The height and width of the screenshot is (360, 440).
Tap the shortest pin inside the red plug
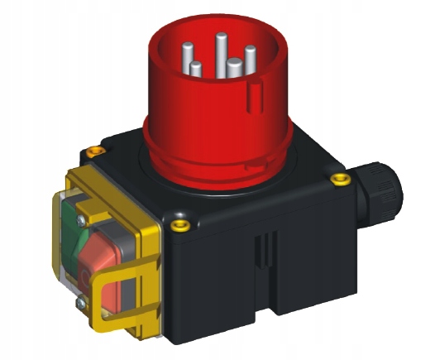pyautogui.click(x=196, y=70)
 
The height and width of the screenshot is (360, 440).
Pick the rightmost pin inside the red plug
pyautogui.click(x=249, y=60)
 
